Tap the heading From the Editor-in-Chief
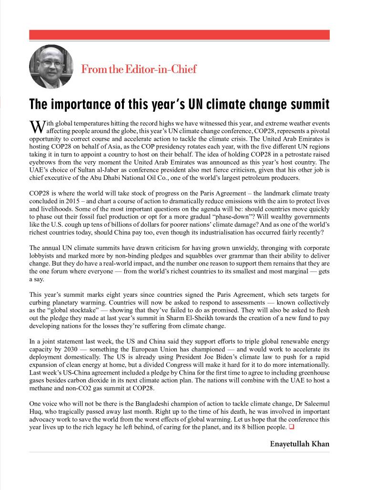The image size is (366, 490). tap(139, 69)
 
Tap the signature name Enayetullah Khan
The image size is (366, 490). tap(299, 444)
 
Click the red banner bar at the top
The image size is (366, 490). tap(179, 35)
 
